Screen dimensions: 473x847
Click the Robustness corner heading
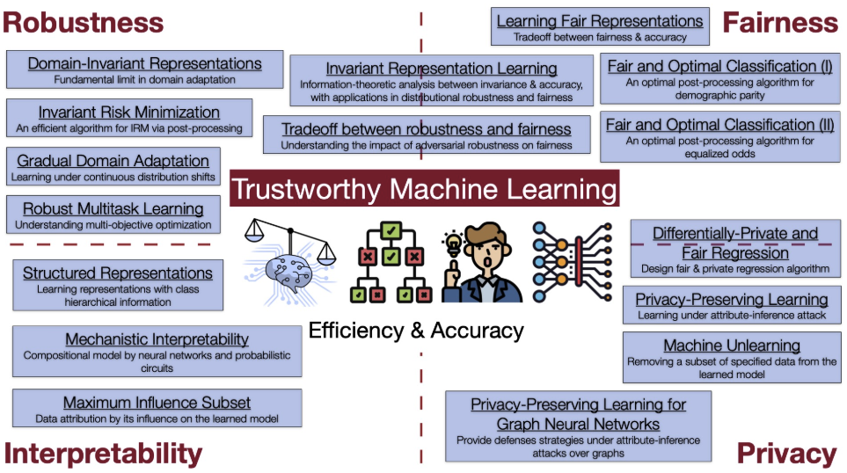click(83, 22)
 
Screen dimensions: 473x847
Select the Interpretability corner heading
click(103, 453)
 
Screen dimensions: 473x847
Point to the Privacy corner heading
click(786, 453)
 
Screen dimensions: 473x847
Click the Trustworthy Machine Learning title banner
click(424, 189)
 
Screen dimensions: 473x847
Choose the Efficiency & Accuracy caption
click(416, 331)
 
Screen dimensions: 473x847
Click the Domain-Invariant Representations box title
click(144, 64)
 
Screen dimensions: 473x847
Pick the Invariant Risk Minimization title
click(128, 113)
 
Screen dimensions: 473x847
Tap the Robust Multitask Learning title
click(113, 208)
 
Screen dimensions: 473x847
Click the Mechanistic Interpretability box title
click(157, 338)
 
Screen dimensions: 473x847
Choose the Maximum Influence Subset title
click(157, 403)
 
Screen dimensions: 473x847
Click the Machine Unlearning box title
click(732, 346)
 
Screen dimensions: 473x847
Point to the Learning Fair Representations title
click(600, 21)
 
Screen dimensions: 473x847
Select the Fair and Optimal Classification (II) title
click(719, 125)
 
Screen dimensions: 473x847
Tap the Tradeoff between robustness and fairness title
click(426, 129)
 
